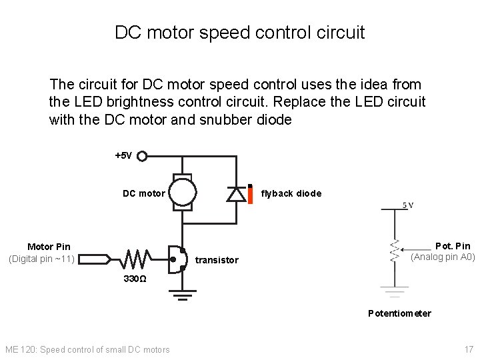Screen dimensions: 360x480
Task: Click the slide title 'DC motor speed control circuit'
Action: click(x=240, y=32)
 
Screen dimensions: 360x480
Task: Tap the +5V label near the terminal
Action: click(x=124, y=156)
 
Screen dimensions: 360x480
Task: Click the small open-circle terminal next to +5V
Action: click(x=141, y=156)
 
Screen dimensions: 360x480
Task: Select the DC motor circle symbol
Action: click(x=182, y=193)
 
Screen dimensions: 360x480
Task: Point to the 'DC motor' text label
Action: click(x=143, y=194)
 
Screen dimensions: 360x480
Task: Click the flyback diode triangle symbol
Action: click(x=235, y=193)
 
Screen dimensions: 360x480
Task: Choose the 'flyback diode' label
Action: click(x=291, y=194)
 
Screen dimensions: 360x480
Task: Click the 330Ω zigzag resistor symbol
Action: click(x=137, y=257)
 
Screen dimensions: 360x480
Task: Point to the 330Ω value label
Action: click(x=136, y=278)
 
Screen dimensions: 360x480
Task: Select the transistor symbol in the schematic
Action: click(x=178, y=258)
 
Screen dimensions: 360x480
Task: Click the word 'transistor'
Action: click(x=217, y=260)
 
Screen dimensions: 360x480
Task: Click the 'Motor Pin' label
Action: click(x=49, y=247)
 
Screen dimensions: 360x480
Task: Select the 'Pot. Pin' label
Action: click(x=453, y=246)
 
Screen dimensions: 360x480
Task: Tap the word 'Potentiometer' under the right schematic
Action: click(x=399, y=313)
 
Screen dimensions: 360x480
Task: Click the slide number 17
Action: click(x=469, y=349)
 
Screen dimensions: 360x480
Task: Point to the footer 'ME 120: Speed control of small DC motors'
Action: click(x=87, y=349)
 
